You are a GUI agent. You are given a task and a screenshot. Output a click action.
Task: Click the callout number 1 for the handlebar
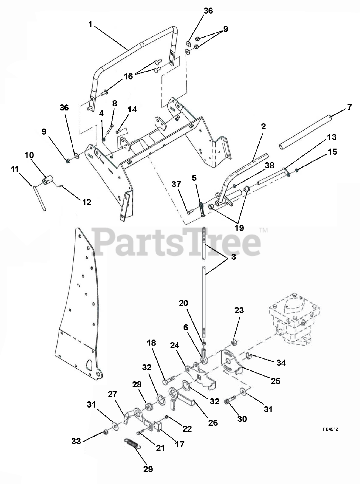(91, 24)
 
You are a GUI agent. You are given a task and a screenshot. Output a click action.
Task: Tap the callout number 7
(349, 107)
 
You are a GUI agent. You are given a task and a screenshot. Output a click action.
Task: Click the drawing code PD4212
(331, 429)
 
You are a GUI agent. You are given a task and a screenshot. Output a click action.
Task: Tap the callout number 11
(15, 169)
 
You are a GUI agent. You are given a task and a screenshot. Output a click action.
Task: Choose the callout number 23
(239, 310)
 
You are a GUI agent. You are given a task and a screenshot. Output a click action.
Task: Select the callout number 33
(76, 441)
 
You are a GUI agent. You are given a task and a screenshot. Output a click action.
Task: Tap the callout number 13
(332, 137)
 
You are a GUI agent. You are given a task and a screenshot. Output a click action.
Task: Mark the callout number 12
(87, 202)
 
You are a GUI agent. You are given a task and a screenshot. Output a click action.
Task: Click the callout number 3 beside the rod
(233, 257)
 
